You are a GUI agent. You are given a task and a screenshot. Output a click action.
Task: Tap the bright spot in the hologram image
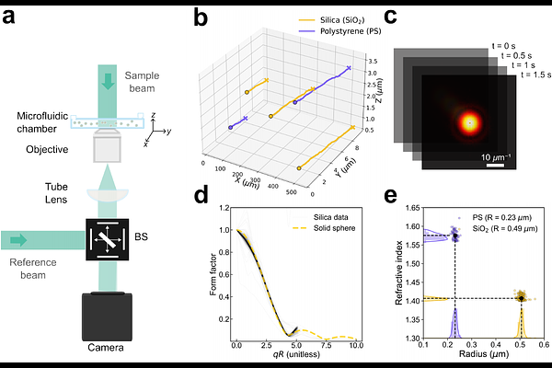469,121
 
